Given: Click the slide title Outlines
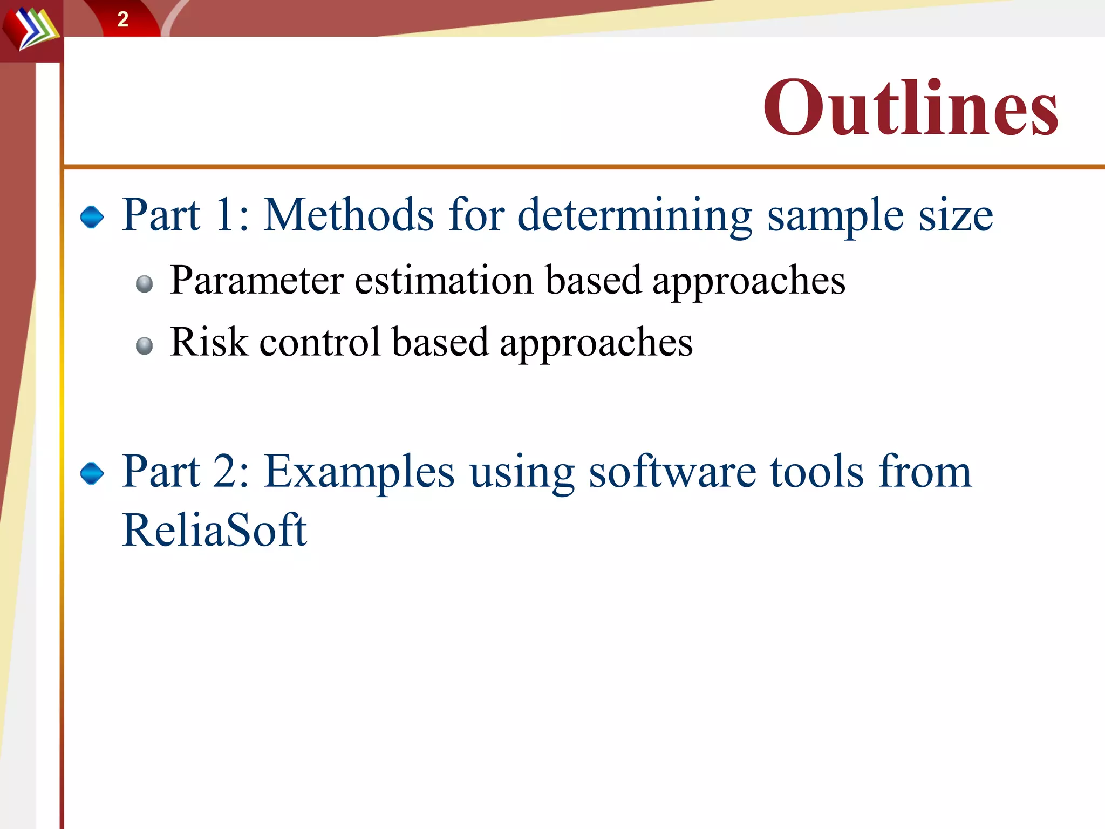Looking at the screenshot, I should (x=910, y=107).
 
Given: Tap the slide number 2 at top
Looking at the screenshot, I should (x=122, y=19).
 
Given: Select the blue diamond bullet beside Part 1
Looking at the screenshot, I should (x=92, y=217).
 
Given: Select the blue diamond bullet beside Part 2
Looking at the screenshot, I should (x=92, y=473).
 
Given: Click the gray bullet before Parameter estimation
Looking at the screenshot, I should (x=144, y=283).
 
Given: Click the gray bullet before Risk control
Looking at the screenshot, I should (x=144, y=345).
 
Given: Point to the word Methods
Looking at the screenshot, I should (x=349, y=215).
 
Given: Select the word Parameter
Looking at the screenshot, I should (x=257, y=281).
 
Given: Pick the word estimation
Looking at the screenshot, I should (x=444, y=281).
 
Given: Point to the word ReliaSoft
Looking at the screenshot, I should (x=214, y=530).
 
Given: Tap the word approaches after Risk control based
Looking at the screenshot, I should (x=596, y=343).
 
